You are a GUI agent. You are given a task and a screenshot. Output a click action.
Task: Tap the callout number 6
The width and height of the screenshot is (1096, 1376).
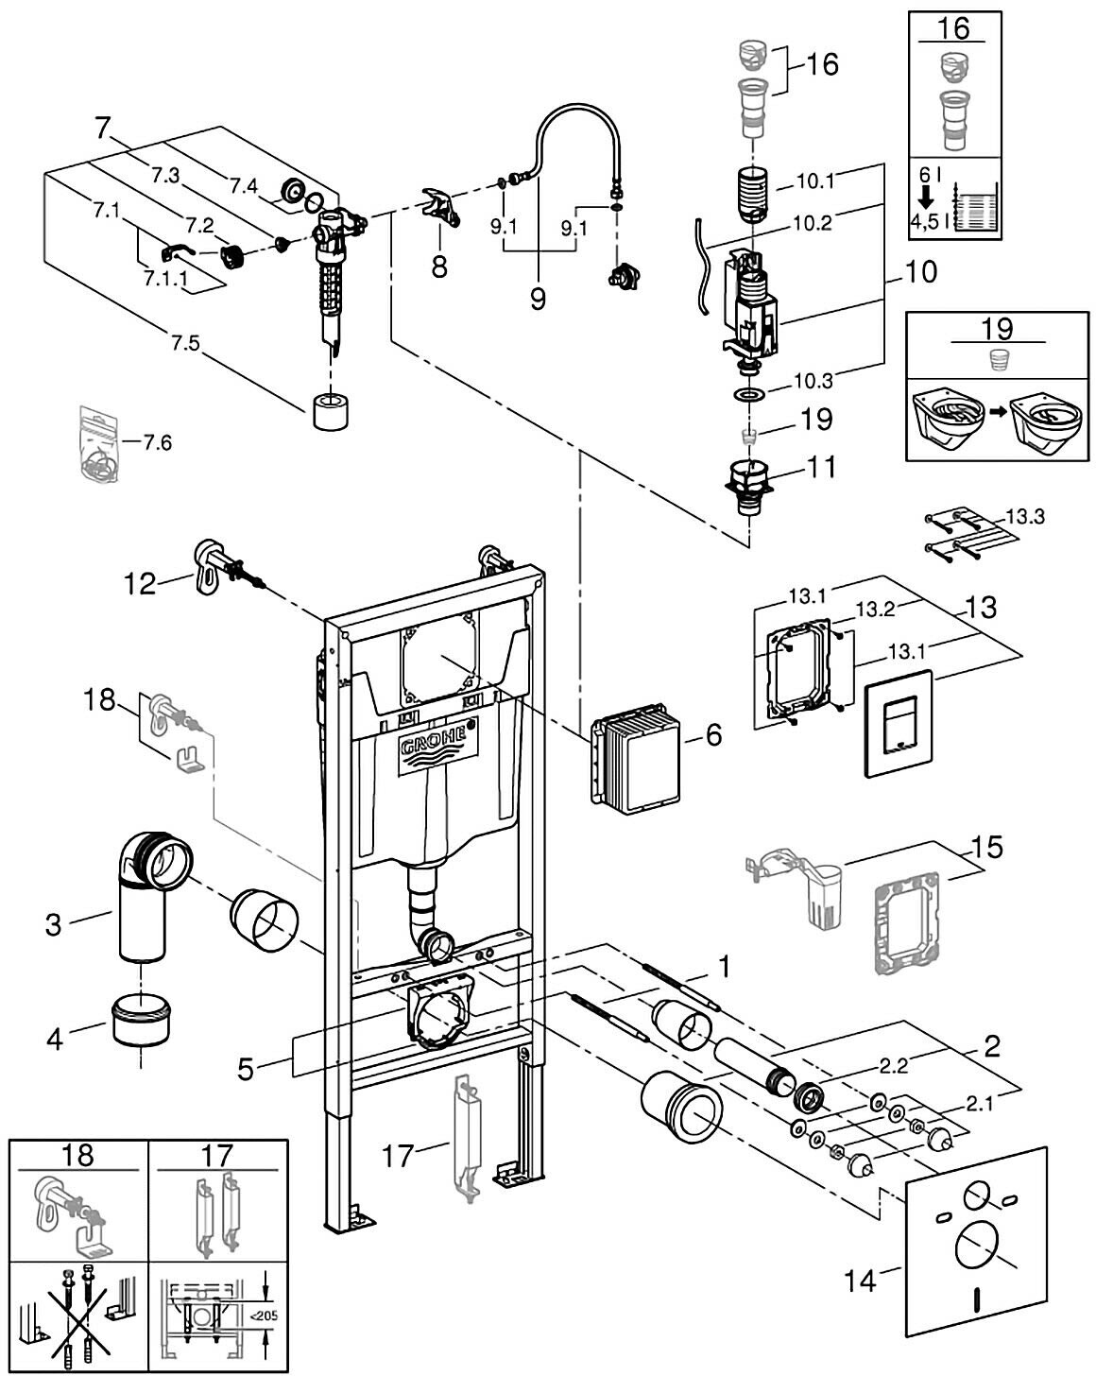[x=712, y=733]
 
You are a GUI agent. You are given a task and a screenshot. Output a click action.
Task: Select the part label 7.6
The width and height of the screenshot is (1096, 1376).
[x=157, y=441]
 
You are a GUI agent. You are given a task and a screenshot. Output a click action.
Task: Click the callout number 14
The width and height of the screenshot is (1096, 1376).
[x=861, y=1282]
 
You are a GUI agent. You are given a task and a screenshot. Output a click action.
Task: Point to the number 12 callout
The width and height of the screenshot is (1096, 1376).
[x=140, y=584]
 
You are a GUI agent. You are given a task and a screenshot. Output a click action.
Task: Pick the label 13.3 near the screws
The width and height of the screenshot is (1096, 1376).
[x=1025, y=518]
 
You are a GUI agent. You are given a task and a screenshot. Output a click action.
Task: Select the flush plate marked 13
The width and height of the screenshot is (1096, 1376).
[x=898, y=723]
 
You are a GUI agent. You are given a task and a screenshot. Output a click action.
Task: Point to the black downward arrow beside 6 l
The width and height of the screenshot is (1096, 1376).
[x=926, y=197]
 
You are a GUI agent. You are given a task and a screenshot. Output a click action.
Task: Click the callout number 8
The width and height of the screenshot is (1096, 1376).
[x=439, y=267]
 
